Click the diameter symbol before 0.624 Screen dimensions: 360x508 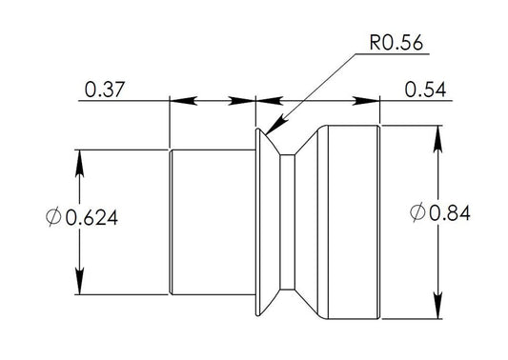pyautogui.click(x=52, y=217)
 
